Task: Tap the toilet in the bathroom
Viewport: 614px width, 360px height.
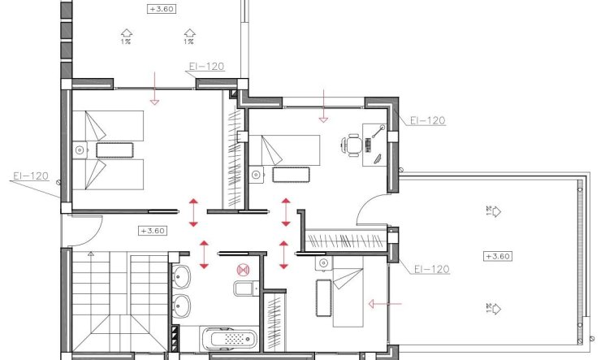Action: (x=243, y=288)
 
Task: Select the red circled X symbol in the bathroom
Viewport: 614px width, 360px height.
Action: (x=240, y=270)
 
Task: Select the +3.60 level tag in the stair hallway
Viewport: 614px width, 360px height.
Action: (x=153, y=230)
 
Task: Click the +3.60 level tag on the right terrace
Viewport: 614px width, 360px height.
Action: (x=496, y=256)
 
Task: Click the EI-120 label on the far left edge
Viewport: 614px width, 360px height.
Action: (x=30, y=176)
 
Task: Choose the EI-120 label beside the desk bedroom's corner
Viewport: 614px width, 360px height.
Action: (x=427, y=120)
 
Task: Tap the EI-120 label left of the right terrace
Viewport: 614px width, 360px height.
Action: (x=431, y=269)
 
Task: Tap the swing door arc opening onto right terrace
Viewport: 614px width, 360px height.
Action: (x=367, y=210)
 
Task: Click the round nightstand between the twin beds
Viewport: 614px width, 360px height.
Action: (x=79, y=150)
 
